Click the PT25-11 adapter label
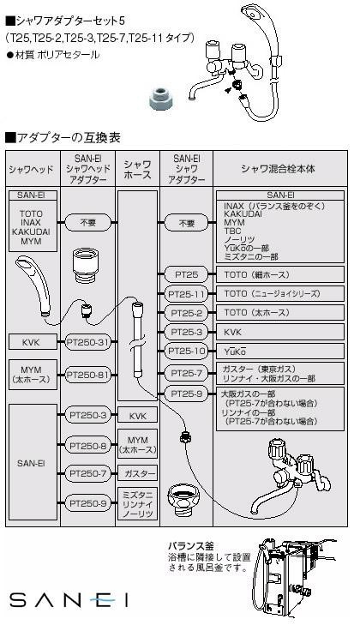pos(186,294)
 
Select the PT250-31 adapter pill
pos(87,342)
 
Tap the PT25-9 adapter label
pos(186,394)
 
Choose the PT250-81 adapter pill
pos(87,375)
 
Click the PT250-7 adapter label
pos(87,473)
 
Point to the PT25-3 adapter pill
pos(186,332)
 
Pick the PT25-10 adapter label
pos(186,352)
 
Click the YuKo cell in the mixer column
pos(280,352)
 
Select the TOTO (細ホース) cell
pos(280,274)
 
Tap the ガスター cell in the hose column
pos(137,473)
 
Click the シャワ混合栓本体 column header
pos(278,169)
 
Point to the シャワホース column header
pos(137,169)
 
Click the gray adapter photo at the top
pos(160,99)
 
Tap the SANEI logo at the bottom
pos(69,599)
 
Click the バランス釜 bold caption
pos(190,546)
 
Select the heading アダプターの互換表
pos(63,138)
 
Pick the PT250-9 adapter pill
pos(87,503)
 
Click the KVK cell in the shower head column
pos(31,342)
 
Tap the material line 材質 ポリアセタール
pos(53,55)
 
